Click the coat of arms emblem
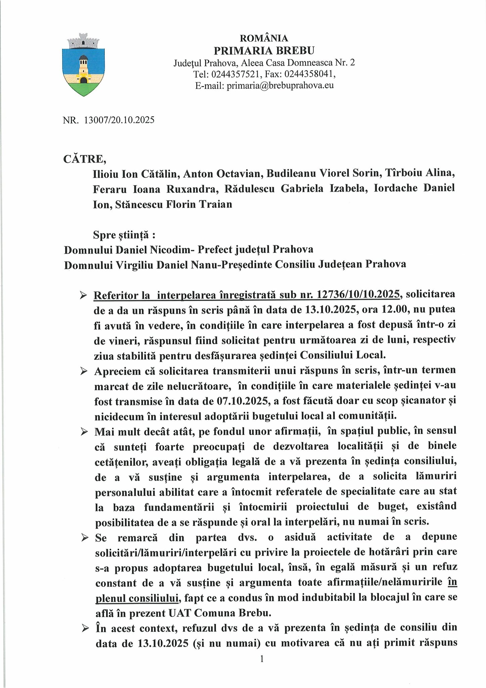click(83, 64)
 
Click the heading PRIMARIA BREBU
click(264, 50)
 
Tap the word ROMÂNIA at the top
click(264, 38)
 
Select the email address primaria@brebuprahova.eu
click(280, 85)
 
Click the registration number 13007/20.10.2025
click(119, 120)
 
